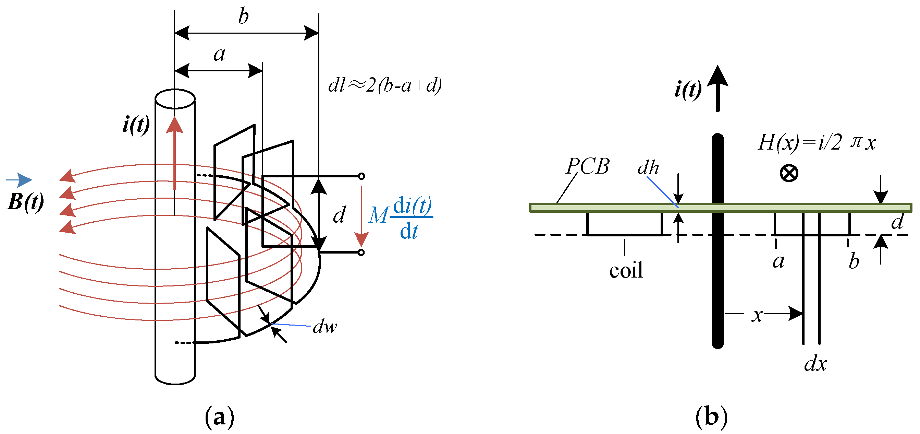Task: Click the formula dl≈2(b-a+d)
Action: click(x=385, y=86)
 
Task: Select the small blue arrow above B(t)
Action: click(x=20, y=180)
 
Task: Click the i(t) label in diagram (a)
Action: click(x=136, y=125)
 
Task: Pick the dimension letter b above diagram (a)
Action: click(x=243, y=17)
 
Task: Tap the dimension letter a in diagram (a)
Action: click(x=219, y=54)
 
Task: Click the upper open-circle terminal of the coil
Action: click(x=361, y=176)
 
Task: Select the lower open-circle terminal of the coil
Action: click(x=361, y=253)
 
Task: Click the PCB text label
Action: click(x=588, y=167)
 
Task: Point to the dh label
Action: click(x=648, y=168)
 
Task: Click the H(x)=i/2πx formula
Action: click(x=817, y=143)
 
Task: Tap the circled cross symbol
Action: click(x=788, y=174)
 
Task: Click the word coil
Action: click(x=626, y=270)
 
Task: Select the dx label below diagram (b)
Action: click(x=815, y=364)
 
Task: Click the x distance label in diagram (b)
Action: click(x=757, y=315)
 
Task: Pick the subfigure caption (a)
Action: click(x=219, y=417)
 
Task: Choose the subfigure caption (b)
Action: click(x=711, y=417)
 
